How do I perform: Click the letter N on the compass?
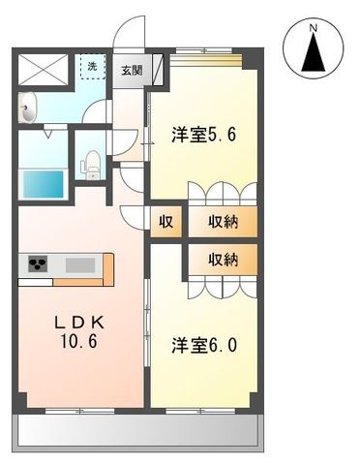tap(312, 30)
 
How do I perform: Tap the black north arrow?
tap(313, 55)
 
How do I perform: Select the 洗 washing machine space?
tap(92, 68)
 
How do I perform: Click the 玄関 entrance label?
tap(132, 71)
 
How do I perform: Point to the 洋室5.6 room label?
tap(205, 136)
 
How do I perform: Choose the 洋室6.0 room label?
tap(205, 344)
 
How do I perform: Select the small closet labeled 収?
tap(165, 221)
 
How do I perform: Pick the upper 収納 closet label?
tap(224, 221)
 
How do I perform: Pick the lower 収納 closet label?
tap(224, 260)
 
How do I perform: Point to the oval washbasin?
tap(28, 106)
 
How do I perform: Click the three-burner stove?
tap(37, 263)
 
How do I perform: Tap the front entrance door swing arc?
tap(130, 34)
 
